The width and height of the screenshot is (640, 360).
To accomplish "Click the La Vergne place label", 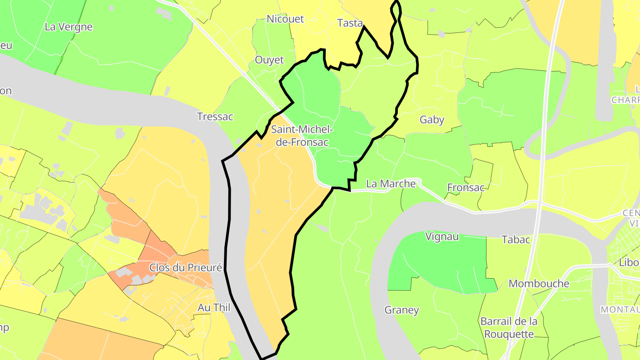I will point(68,27).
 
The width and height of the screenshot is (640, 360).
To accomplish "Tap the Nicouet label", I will point(285,19).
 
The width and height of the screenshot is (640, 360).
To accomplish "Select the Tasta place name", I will point(350,23).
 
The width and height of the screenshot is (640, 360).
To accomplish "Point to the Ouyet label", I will point(269,60).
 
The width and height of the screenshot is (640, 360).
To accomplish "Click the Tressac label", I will point(215,116).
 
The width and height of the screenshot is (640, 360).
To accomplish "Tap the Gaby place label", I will point(432,120).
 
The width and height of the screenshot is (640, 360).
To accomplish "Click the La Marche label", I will point(391,184).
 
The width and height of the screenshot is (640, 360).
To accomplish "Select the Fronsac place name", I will point(466,187).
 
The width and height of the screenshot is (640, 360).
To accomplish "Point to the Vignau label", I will point(442,236).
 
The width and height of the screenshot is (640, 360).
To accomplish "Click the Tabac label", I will point(516,240).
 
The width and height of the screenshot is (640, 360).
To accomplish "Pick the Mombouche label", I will point(539,284).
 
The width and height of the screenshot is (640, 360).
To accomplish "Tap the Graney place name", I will point(402,310).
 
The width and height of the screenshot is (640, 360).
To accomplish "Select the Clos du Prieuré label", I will point(185,268).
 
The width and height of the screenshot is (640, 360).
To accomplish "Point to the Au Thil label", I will point(214,307).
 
